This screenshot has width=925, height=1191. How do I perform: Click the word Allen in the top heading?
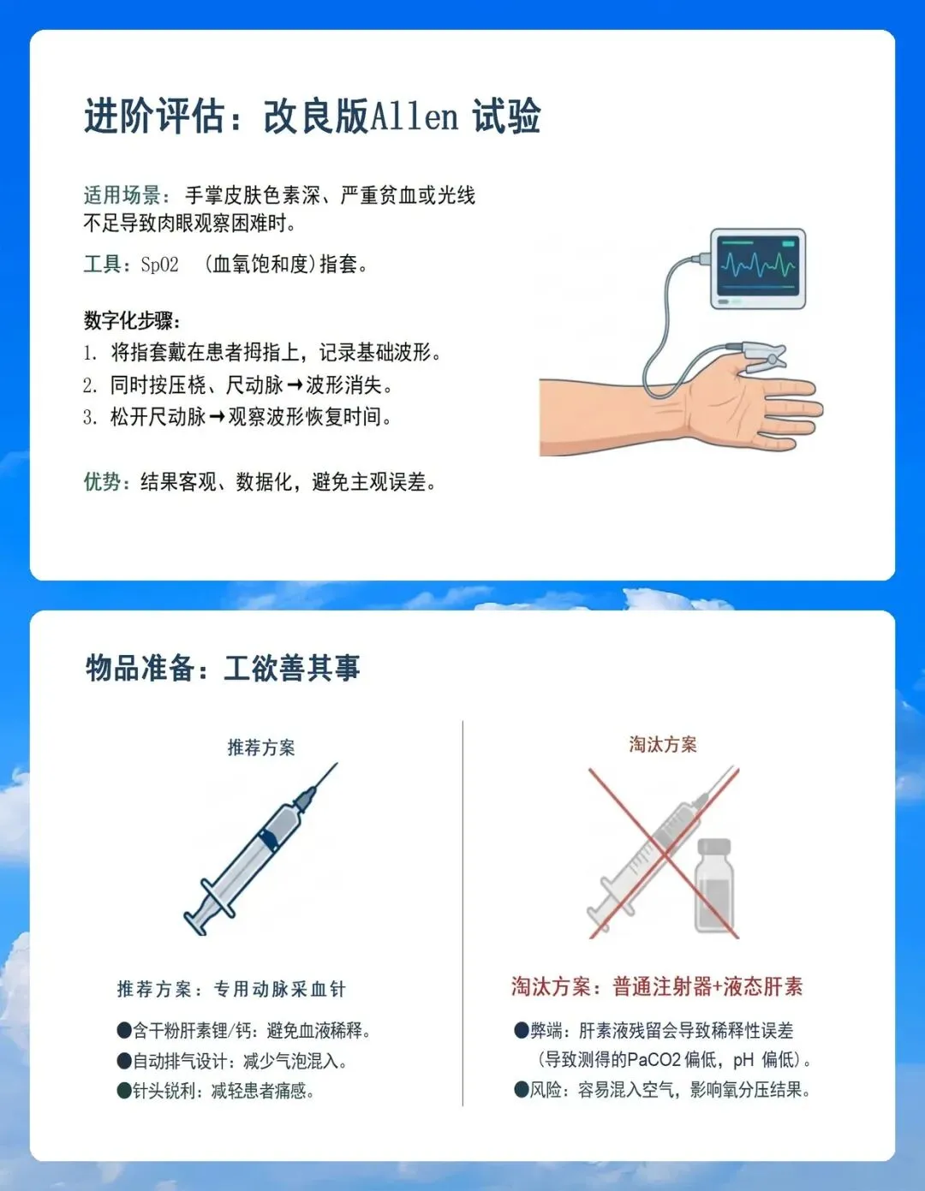pyautogui.click(x=415, y=116)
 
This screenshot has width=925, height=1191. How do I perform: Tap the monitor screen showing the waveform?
pyautogui.click(x=758, y=266)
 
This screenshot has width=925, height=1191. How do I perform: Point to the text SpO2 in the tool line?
pyautogui.click(x=159, y=265)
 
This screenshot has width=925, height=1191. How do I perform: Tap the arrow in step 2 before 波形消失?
pyautogui.click(x=295, y=385)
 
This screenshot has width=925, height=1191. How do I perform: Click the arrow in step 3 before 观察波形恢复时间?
pyautogui.click(x=217, y=417)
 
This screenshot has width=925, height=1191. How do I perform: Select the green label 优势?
pyautogui.click(x=102, y=482)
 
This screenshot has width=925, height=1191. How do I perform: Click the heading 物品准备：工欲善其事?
pyautogui.click(x=223, y=668)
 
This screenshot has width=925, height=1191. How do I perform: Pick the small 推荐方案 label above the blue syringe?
pyautogui.click(x=261, y=747)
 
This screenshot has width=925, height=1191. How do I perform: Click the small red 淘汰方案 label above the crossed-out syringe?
pyautogui.click(x=663, y=744)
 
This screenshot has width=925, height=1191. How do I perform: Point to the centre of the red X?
pyautogui.click(x=664, y=854)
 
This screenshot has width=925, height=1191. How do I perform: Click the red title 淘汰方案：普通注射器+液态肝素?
pyautogui.click(x=657, y=986)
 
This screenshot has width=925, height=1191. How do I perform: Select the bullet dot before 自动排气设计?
pyautogui.click(x=124, y=1061)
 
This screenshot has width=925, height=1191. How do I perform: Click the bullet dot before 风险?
pyautogui.click(x=521, y=1090)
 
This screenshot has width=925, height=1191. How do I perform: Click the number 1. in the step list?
pyautogui.click(x=91, y=354)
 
